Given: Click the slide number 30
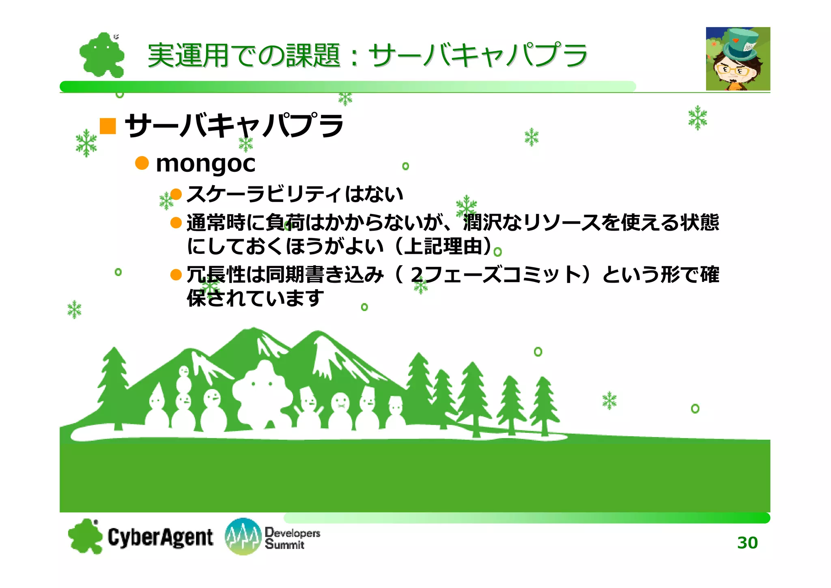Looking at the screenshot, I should [x=747, y=543].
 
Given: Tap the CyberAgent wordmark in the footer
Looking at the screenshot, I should [x=160, y=537].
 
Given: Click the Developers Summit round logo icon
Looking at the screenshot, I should [x=243, y=536].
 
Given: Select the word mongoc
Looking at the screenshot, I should [x=205, y=164].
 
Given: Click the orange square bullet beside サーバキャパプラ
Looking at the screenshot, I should [x=108, y=126].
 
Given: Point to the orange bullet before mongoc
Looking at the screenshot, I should [x=142, y=163].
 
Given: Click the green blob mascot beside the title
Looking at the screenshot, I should [x=101, y=55].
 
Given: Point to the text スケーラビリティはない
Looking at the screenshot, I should [x=295, y=194].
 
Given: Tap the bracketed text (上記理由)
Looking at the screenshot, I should [x=443, y=246].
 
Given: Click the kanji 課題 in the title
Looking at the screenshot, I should [x=313, y=56].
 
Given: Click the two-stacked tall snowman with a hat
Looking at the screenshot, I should [x=184, y=402].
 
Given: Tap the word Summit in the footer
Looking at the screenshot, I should [x=284, y=545].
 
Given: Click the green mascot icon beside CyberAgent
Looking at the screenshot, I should [x=85, y=536].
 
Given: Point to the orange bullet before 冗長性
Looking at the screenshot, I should [x=176, y=275].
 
